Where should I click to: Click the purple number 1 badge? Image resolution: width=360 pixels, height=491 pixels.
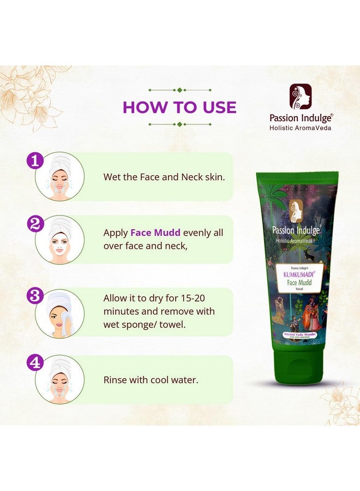pos(35,161)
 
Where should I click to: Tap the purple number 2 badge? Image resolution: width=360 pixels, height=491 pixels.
pos(35,223)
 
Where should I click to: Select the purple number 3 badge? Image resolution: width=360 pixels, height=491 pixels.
pos(35,296)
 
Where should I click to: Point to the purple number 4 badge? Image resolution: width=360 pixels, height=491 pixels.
pos(35,363)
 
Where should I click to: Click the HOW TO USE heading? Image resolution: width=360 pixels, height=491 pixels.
pos(179,107)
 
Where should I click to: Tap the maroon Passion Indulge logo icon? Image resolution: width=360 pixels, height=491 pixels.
pos(301,97)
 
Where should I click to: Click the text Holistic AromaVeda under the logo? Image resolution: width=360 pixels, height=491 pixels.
pos(301,128)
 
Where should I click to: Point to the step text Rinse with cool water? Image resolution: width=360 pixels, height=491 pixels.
pos(151,379)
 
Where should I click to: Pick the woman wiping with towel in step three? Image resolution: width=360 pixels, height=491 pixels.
pos(60,313)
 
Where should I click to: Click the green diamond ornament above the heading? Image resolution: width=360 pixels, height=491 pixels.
pos(180,90)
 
